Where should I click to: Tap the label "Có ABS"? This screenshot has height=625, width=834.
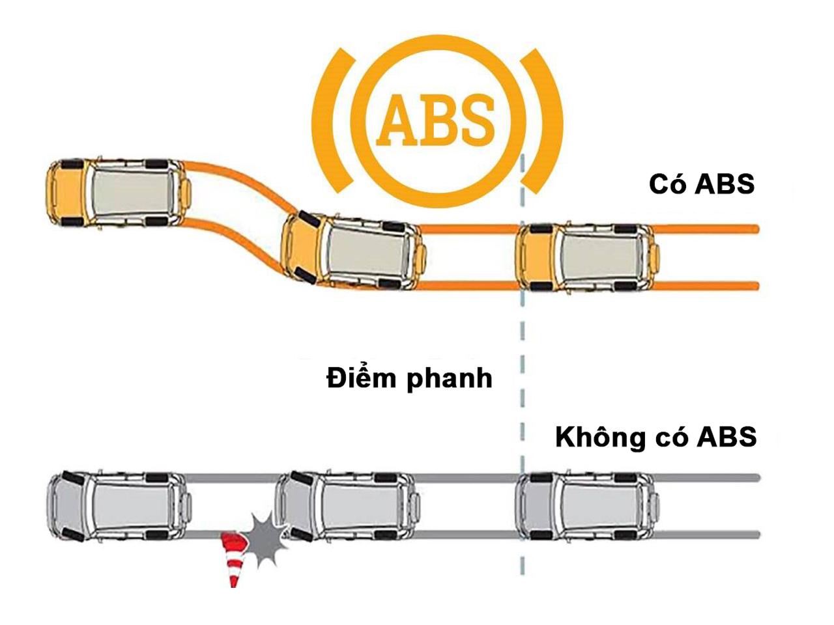701,185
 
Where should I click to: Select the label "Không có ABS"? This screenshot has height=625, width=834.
656,438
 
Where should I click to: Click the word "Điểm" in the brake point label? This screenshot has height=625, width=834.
360,378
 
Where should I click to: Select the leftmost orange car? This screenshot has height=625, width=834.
119,193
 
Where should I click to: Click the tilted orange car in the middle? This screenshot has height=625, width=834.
354,253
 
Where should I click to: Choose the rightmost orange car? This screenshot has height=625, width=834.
588,258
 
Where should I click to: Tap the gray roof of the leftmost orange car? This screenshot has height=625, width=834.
132,194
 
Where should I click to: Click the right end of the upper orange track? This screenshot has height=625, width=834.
756,229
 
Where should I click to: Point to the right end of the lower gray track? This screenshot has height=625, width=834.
756,535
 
